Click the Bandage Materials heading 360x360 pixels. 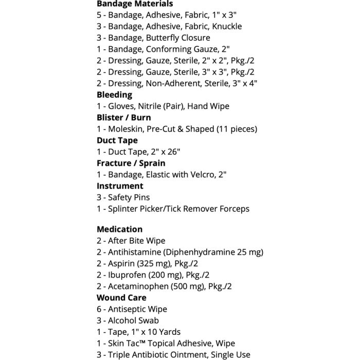(135, 4)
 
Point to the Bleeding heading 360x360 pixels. (114, 95)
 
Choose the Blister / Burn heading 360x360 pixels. (123, 117)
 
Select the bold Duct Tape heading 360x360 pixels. (117, 140)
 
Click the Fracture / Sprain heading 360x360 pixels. (131, 163)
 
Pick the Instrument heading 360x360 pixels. (120, 186)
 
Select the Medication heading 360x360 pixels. (119, 229)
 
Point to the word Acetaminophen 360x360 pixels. (136, 286)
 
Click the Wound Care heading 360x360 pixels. (121, 297)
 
